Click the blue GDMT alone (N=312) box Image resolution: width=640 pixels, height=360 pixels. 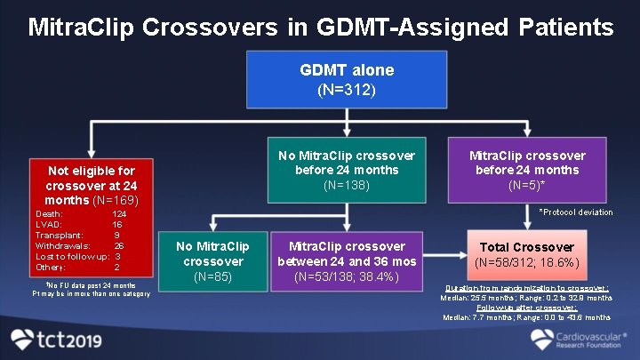(347, 79)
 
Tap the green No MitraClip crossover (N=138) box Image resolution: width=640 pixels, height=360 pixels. (347, 170)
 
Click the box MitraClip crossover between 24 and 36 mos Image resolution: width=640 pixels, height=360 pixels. (347, 262)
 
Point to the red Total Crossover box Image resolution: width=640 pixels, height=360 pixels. (528, 255)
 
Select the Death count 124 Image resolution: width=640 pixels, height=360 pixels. (119, 214)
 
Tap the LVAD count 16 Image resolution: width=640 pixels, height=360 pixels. (117, 225)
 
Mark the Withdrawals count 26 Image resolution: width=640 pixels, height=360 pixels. (119, 246)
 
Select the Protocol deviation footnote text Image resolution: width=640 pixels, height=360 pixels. (575, 212)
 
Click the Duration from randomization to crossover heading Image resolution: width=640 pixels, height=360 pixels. (525, 289)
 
